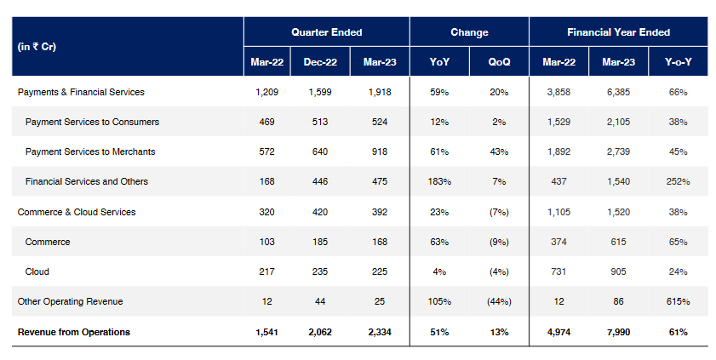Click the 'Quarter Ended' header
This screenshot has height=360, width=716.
[326, 32]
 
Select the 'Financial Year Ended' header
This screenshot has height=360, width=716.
[618, 32]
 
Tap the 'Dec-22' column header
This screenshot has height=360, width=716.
[320, 62]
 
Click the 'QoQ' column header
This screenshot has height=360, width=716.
[499, 62]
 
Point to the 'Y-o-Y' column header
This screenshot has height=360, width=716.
[678, 62]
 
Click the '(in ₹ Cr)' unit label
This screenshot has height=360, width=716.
[37, 47]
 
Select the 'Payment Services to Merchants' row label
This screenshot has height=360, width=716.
[90, 151]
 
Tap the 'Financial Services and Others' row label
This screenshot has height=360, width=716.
[87, 181]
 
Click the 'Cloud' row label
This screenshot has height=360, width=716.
[37, 271]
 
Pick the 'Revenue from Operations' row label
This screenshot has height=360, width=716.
[74, 332]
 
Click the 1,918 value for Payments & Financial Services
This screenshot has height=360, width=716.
[380, 92]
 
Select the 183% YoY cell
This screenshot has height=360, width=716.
[440, 181]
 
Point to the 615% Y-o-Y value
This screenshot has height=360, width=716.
[678, 302]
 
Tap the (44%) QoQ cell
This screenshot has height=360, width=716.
[499, 302]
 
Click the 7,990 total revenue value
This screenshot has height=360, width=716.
[618, 332]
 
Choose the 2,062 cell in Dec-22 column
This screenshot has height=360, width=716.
[320, 332]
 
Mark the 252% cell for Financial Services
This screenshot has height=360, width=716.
[678, 181]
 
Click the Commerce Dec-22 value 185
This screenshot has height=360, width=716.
[320, 242]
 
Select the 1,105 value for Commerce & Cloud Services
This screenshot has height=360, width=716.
[558, 212]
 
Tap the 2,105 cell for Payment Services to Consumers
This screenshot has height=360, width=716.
[618, 122]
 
